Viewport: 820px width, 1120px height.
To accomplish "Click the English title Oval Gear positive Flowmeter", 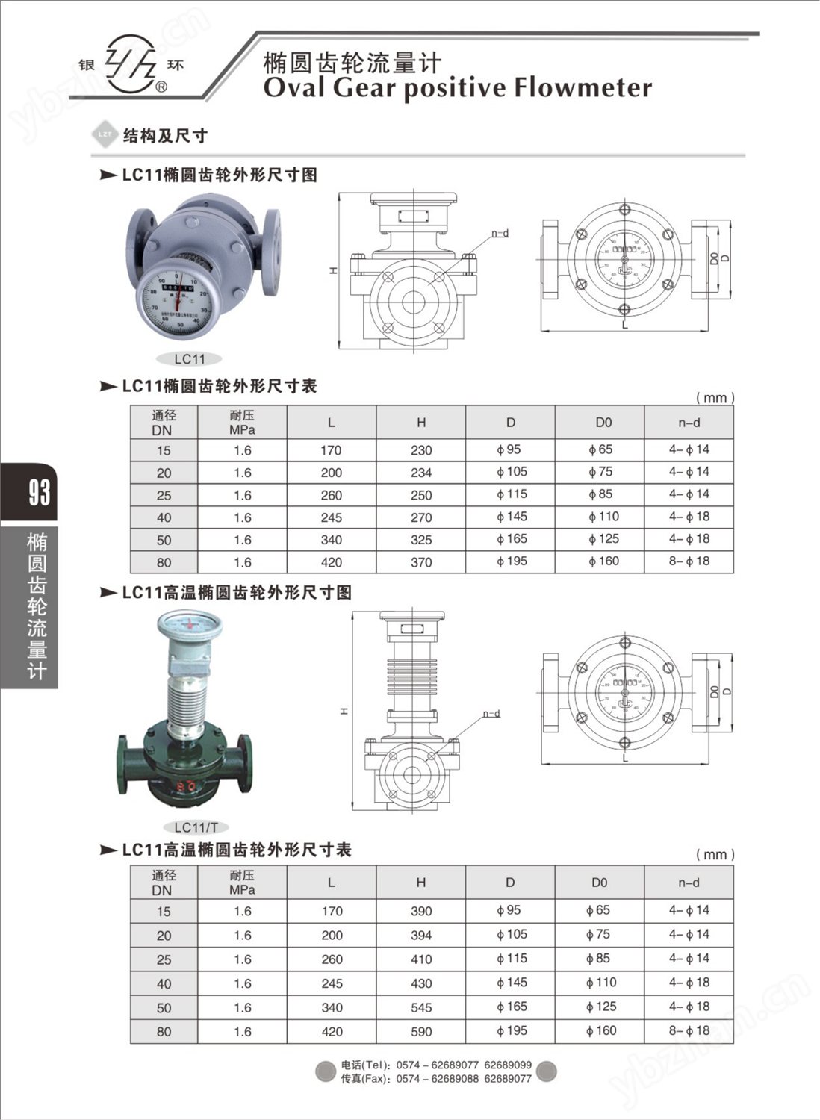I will click(457, 88).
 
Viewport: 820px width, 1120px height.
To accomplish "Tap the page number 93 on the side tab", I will click(39, 492).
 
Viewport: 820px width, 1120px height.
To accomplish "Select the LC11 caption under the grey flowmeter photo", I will click(190, 359).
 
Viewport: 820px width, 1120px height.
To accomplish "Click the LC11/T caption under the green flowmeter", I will click(196, 827).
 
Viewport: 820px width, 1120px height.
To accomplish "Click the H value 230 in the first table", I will click(421, 450).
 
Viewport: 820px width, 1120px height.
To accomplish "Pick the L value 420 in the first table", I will click(331, 562).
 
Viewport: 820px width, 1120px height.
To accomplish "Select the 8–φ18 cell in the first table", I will click(689, 561).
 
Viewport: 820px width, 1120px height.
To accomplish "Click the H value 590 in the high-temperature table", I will click(421, 1032).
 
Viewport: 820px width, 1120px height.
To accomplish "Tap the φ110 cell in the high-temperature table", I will click(600, 983).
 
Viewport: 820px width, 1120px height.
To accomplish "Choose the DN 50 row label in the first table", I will click(164, 540).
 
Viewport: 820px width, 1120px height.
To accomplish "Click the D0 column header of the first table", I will click(603, 423).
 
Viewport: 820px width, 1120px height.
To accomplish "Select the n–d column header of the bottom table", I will click(689, 883).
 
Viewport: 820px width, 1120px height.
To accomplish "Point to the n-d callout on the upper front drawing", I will click(500, 234).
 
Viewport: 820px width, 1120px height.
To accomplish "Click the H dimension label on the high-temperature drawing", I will click(344, 711).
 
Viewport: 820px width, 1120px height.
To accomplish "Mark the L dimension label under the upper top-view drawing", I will click(625, 325).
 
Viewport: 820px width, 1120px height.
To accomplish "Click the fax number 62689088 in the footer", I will click(455, 1079).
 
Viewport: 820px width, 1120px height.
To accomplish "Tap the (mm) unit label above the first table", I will click(715, 398).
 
